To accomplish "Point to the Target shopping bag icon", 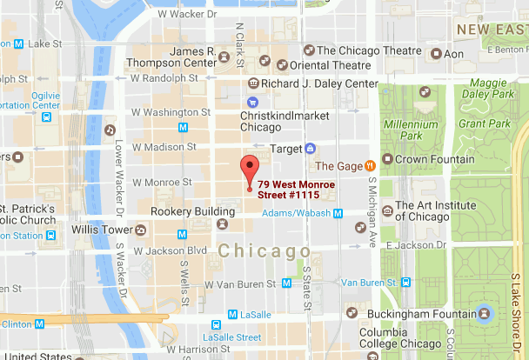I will click(311, 150).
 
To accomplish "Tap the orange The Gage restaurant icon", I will click(370, 165).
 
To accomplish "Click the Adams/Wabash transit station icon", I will click(338, 212).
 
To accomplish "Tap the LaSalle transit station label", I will click(257, 315).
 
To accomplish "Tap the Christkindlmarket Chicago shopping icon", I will click(253, 102).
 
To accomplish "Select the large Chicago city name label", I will click(264, 251).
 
